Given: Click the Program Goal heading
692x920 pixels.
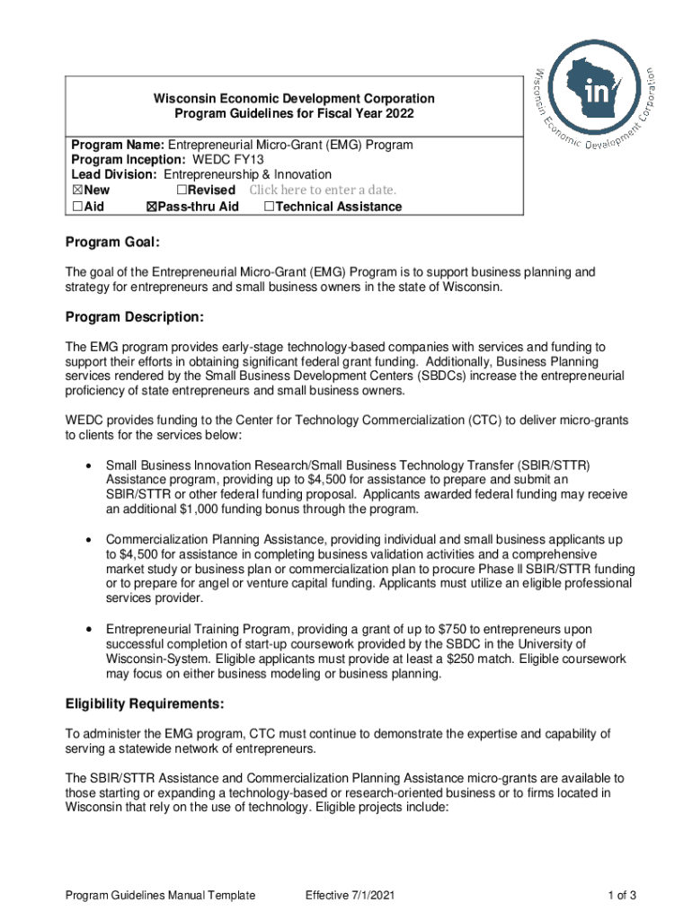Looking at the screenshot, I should point(112,243).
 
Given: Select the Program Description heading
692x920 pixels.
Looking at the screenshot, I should point(135,317).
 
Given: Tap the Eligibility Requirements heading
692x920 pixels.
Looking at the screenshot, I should point(145,703).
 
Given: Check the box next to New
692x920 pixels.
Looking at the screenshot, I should point(75,190).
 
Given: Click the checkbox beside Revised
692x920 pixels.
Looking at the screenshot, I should point(181,190).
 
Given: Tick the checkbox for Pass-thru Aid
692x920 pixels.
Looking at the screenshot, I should point(150,207).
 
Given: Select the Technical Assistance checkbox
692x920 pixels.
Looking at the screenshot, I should point(269,207).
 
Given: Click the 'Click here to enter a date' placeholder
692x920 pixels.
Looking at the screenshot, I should point(322,190).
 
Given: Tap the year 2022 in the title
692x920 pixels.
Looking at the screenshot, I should point(400,114).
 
